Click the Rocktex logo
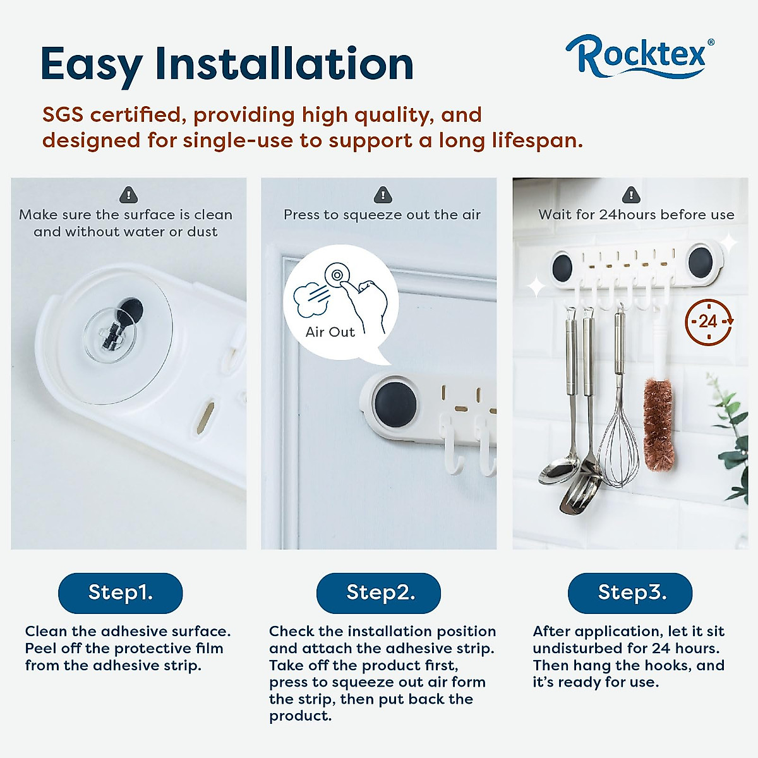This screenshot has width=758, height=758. point(640,56)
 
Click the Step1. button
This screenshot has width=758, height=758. point(120,593)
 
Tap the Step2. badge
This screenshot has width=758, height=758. point(378,593)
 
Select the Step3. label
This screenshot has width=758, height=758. point(630,593)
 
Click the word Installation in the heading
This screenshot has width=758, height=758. point(284,64)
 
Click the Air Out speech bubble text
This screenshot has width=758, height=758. point(330,332)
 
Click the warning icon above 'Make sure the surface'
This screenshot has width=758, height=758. point(128,194)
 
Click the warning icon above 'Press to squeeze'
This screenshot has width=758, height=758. point(382,194)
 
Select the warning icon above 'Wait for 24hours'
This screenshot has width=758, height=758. point(630,194)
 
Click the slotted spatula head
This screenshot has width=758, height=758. point(581,493)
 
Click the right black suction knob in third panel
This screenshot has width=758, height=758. point(701,262)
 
